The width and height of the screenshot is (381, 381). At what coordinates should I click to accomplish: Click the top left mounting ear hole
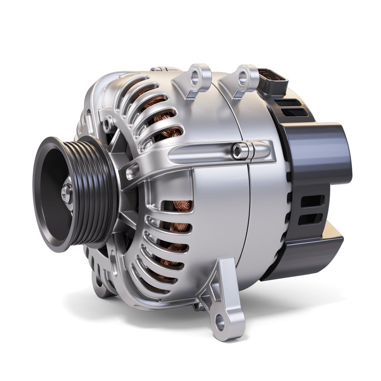[195, 75]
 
